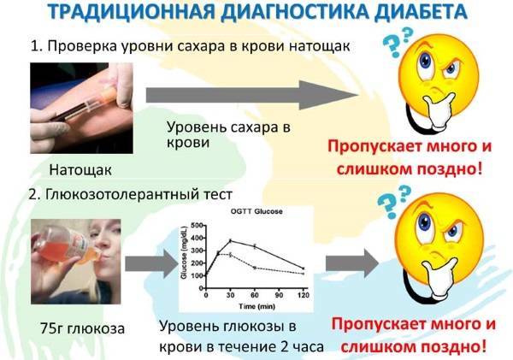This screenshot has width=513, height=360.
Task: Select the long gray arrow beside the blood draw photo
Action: pyautogui.click(x=252, y=95)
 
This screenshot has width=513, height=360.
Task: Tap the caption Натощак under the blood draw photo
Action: pyautogui.click(x=80, y=170)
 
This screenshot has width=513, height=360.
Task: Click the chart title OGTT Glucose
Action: pyautogui.click(x=256, y=211)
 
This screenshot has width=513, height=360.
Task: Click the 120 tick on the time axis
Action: pyautogui.click(x=304, y=295)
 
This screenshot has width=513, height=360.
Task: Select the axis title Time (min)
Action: pyautogui.click(x=256, y=307)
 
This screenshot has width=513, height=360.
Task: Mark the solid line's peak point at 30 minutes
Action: pyautogui.click(x=230, y=241)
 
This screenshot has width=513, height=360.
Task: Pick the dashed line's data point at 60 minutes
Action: pyautogui.click(x=255, y=268)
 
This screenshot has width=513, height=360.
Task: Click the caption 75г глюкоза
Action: pyautogui.click(x=82, y=328)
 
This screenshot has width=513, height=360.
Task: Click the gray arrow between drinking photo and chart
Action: pyautogui.click(x=151, y=263)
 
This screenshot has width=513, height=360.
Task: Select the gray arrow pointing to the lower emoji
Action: pyautogui.click(x=352, y=263)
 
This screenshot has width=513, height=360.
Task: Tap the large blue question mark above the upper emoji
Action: pyautogui.click(x=392, y=46)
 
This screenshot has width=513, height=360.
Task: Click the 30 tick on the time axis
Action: pyautogui.click(x=230, y=295)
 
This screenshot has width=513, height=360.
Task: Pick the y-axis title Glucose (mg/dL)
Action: pyautogui.click(x=184, y=252)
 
